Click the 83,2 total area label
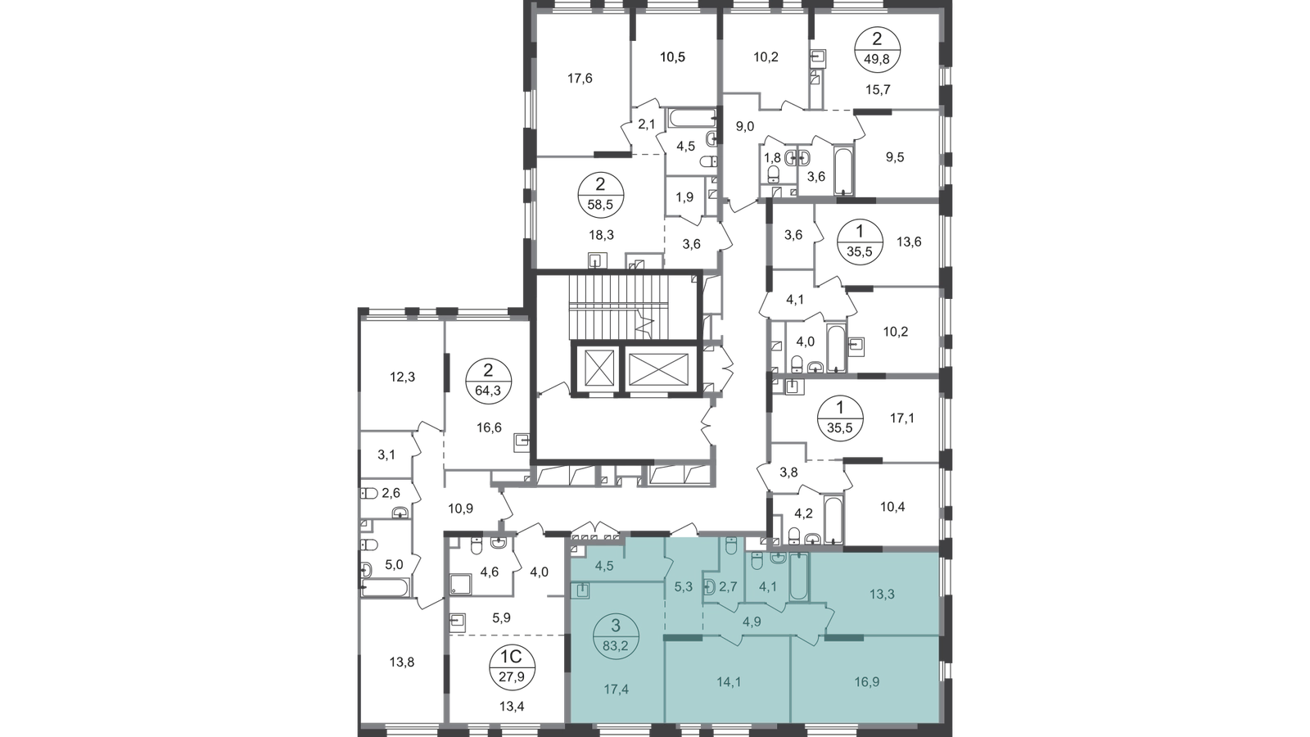coord(616,647)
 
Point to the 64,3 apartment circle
coord(488,382)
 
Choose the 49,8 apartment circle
coord(877,49)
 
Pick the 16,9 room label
coord(867,681)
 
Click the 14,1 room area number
coord(729,681)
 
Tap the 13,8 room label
coord(402,662)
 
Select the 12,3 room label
coord(402,378)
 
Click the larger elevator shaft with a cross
coord(662,369)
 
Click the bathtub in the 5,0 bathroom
coord(385,587)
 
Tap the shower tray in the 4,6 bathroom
coord(460,585)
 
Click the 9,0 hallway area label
coord(744,126)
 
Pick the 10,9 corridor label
coord(461,509)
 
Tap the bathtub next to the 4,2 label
coord(832,520)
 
